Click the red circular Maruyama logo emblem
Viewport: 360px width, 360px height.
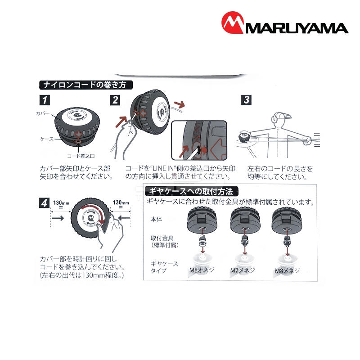232,22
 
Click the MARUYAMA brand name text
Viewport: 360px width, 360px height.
297,28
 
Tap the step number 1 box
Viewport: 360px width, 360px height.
45,100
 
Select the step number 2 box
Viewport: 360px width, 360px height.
115,100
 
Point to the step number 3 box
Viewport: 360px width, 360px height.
246,100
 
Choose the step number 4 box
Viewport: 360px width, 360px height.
44,203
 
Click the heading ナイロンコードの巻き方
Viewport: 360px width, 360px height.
86,85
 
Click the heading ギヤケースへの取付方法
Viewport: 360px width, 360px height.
192,191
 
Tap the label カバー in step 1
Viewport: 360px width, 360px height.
43,113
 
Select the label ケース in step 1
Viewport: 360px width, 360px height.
47,139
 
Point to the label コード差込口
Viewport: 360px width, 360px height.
81,156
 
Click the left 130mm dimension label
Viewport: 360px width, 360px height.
61,203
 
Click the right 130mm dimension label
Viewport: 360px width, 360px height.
121,202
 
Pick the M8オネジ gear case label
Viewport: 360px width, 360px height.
202,270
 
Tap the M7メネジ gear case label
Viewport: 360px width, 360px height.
243,270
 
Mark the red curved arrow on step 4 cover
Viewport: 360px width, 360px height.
96,212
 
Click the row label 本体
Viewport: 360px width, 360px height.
156,219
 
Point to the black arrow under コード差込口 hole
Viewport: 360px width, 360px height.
78,148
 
